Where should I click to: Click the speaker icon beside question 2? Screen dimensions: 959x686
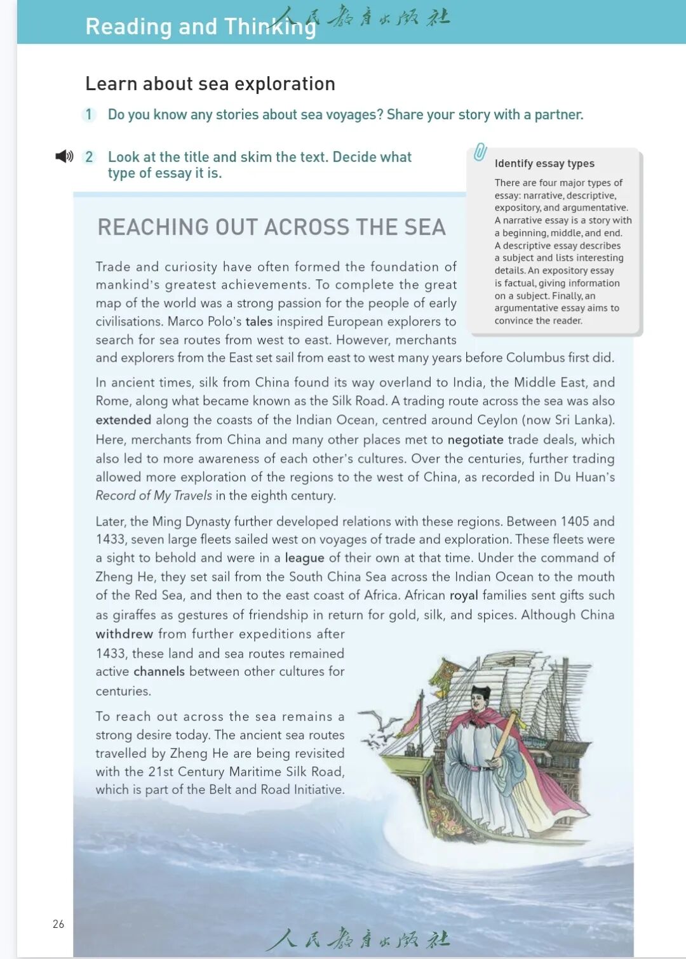click(x=64, y=156)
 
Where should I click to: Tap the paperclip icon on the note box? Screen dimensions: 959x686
click(x=480, y=152)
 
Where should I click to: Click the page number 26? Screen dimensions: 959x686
click(x=58, y=924)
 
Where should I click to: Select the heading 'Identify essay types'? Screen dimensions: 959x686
click(x=544, y=164)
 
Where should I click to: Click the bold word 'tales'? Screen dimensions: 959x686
click(x=259, y=322)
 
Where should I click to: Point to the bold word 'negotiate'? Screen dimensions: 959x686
click(x=475, y=440)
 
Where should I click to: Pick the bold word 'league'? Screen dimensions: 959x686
click(x=304, y=558)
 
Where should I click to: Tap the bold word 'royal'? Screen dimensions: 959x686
click(x=464, y=595)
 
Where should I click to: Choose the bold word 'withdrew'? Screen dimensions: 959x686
click(x=124, y=634)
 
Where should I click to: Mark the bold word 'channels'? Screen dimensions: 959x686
click(x=159, y=671)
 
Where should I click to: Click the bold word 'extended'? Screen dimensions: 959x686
click(x=123, y=420)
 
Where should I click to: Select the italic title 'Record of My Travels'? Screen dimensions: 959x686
click(x=154, y=496)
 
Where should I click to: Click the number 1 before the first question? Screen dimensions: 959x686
click(x=88, y=115)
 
